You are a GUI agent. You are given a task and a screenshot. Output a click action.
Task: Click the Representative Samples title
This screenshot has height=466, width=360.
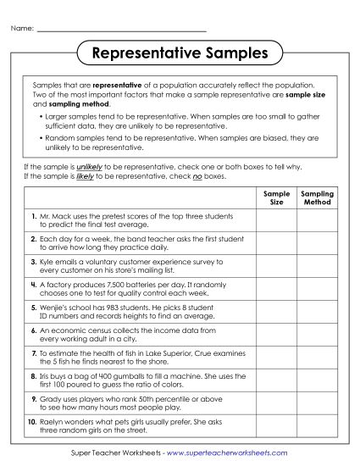(179, 54)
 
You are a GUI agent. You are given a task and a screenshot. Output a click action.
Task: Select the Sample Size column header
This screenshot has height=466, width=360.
(276, 198)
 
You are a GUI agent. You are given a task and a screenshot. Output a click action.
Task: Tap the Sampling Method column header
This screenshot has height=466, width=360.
(318, 198)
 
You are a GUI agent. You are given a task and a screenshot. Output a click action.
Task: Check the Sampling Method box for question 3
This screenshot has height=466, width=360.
(318, 267)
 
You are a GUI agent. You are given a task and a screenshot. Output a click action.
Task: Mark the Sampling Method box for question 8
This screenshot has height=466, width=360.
(318, 380)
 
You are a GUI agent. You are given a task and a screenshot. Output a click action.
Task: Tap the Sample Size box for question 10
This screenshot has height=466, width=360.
(276, 425)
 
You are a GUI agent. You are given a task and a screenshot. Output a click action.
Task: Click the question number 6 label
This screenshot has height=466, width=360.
(33, 330)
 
